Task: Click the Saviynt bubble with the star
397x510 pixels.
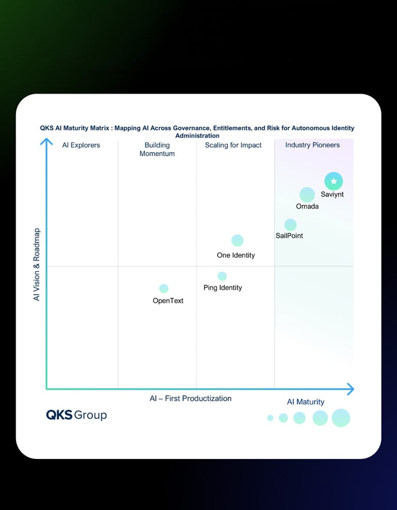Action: tap(334, 181)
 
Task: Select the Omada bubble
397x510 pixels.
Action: tap(307, 195)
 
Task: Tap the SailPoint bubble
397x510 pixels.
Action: tap(290, 225)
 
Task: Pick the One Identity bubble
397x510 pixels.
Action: tap(237, 241)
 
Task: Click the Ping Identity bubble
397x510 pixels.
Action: tap(222, 276)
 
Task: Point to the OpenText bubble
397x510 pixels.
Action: tap(163, 288)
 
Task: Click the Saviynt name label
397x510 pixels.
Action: tap(332, 195)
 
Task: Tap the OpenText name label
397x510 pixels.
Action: tap(168, 301)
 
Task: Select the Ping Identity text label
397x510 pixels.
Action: tap(223, 288)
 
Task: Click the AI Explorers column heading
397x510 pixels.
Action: tap(81, 145)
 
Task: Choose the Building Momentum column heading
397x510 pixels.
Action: tap(157, 149)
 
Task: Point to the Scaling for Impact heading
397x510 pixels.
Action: tap(234, 145)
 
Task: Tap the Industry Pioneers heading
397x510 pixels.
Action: tap(312, 145)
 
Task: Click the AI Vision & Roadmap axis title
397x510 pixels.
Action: tap(37, 265)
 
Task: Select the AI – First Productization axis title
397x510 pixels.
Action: tap(191, 398)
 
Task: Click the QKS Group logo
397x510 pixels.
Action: tap(76, 415)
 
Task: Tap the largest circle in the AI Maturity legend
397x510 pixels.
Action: tap(341, 418)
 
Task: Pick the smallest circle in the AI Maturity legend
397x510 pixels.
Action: tap(270, 418)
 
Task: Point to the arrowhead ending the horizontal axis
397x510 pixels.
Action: tap(351, 389)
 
